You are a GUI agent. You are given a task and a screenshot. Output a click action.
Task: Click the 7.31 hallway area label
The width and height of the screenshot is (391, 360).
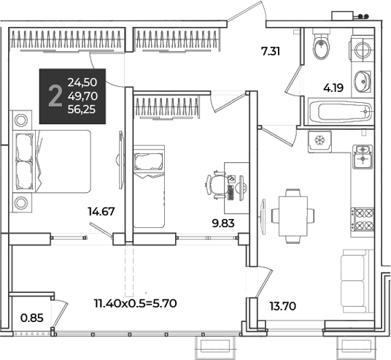271,51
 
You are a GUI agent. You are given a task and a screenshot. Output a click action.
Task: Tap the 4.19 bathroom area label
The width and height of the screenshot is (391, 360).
333,88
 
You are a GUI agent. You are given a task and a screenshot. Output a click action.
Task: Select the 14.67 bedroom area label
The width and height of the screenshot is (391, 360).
101,212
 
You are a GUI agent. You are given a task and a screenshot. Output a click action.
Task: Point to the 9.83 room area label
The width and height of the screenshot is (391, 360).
223,223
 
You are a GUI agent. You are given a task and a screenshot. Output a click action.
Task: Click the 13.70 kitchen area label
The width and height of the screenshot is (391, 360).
283,306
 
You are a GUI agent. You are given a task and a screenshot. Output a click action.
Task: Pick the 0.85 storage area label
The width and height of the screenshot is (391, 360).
32,318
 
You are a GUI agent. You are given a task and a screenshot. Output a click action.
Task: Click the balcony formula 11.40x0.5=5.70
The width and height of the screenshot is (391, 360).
136,304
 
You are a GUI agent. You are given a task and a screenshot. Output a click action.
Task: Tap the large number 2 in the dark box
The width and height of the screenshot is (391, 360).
55,96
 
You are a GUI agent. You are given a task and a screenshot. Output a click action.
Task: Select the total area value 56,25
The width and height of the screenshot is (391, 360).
82,110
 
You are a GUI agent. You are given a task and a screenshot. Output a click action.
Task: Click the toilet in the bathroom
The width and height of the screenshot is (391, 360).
321,44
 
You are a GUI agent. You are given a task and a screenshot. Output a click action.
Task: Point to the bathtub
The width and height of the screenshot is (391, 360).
341,112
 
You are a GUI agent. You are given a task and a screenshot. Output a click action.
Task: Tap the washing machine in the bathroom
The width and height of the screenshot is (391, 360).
362,49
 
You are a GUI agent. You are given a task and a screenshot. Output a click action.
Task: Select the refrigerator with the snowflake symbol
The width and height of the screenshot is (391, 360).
320,142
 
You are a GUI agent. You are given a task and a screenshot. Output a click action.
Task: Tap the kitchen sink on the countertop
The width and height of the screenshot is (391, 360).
363,157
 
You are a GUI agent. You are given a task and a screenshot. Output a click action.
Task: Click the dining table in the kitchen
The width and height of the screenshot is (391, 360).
293,216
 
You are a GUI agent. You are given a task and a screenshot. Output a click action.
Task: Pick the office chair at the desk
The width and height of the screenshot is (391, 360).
216,185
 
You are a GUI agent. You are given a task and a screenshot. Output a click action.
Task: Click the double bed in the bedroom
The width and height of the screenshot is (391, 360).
52,161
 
